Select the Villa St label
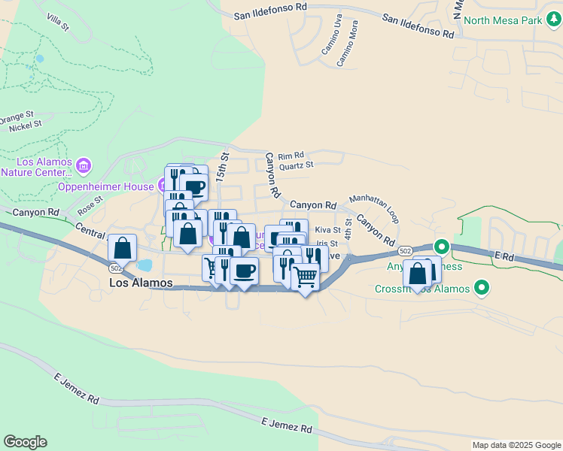57,21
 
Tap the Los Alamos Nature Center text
37,167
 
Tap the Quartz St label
296,165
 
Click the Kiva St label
327,230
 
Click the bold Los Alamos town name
141,283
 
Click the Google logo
25,442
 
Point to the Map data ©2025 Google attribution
516,445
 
